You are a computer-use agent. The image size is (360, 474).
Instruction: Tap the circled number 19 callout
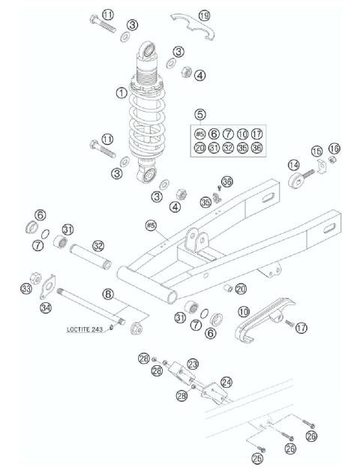[x=205, y=15]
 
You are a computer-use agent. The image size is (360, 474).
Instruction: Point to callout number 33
[x=27, y=288]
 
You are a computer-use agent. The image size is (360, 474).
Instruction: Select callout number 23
[x=193, y=363]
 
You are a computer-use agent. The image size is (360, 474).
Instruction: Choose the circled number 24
[x=226, y=382]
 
